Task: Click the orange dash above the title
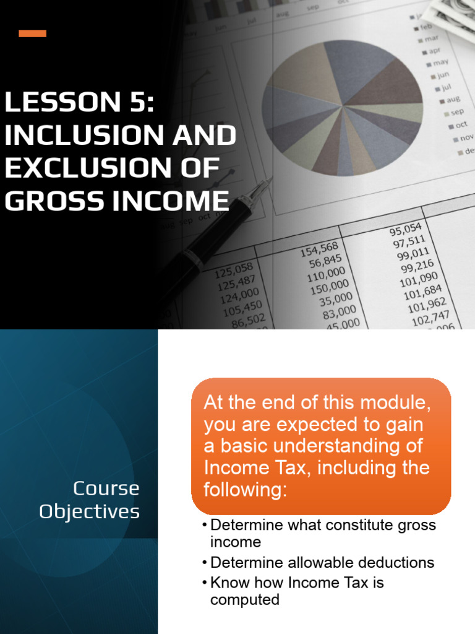pyautogui.click(x=32, y=33)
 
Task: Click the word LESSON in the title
pyautogui.click(x=53, y=102)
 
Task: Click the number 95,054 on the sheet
pyautogui.click(x=405, y=231)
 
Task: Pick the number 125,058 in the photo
pyautogui.click(x=234, y=270)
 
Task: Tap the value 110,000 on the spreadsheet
pyautogui.click(x=327, y=273)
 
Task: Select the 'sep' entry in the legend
pyautogui.click(x=456, y=112)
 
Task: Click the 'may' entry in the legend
pyautogui.click(x=440, y=63)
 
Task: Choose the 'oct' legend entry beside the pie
pyautogui.click(x=461, y=125)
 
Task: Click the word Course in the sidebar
pyautogui.click(x=106, y=489)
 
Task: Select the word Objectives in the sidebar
pyautogui.click(x=89, y=512)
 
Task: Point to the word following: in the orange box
pyautogui.click(x=246, y=490)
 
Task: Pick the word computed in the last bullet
pyautogui.click(x=244, y=599)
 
